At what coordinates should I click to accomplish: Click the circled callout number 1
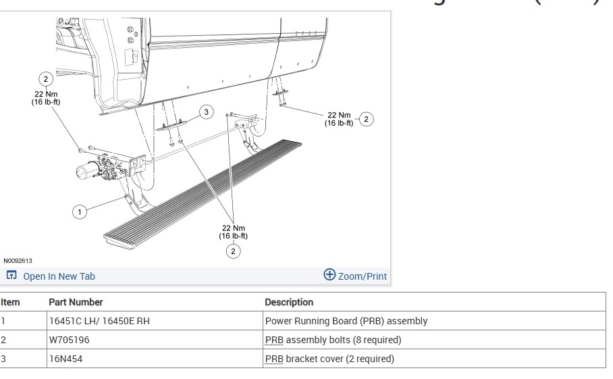coord(80,212)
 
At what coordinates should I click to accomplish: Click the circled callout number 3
coord(206,112)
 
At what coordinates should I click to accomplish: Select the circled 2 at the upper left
coord(45,79)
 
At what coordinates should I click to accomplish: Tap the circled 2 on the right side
coord(366,120)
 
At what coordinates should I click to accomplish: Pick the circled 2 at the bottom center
coord(233,251)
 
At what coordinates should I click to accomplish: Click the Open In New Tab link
coord(51,276)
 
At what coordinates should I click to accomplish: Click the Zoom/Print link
coord(356,276)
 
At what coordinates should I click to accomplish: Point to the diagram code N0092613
coord(18,261)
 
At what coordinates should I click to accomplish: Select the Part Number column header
coord(76,302)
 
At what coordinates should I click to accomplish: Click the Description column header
coord(289,302)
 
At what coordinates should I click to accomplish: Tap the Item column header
coord(11,302)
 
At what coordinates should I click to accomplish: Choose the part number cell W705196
coord(70,340)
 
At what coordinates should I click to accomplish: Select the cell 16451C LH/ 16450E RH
coord(99,321)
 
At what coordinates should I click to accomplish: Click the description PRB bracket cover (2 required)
coord(329,359)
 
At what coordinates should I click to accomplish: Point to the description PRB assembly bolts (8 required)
coord(333,340)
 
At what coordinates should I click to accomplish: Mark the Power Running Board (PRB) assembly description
coord(346,321)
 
